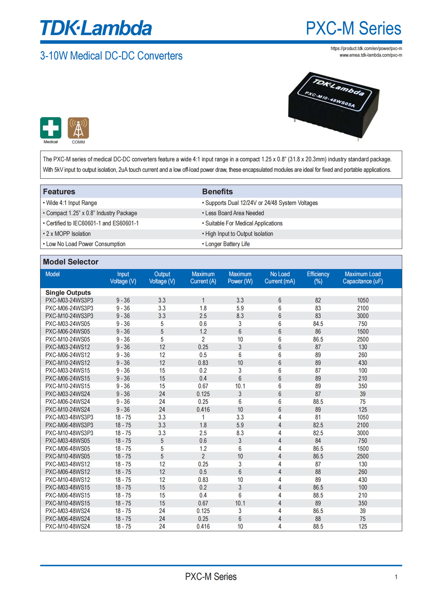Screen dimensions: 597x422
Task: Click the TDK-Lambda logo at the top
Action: pyautogui.click(x=96, y=28)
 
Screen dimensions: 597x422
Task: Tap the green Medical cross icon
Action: pyautogui.click(x=51, y=128)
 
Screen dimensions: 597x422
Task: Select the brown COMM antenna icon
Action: pyautogui.click(x=78, y=128)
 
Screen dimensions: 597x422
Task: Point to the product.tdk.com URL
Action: pyautogui.click(x=366, y=49)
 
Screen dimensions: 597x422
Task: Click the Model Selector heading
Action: pyautogui.click(x=71, y=262)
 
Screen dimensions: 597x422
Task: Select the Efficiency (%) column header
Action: pyautogui.click(x=318, y=278)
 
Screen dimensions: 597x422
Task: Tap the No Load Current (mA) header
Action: pyautogui.click(x=280, y=278)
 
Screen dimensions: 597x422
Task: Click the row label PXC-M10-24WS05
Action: pyautogui.click(x=68, y=339)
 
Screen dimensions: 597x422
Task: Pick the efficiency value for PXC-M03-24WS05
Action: pyautogui.click(x=318, y=324)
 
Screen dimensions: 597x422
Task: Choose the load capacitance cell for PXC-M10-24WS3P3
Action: pyautogui.click(x=363, y=316)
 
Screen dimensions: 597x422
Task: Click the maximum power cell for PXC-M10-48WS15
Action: pyautogui.click(x=240, y=503)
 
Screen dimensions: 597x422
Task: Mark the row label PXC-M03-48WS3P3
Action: pyautogui.click(x=69, y=417)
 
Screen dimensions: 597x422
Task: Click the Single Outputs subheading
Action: pyautogui.click(x=68, y=293)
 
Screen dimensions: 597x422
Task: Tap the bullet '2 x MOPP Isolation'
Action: pyautogui.click(x=68, y=234)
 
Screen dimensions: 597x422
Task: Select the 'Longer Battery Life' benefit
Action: pyautogui.click(x=227, y=244)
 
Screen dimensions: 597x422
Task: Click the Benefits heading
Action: pyautogui.click(x=218, y=192)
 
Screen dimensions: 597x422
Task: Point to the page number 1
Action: pyautogui.click(x=396, y=577)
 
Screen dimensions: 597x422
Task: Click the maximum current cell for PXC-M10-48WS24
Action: pyautogui.click(x=203, y=526)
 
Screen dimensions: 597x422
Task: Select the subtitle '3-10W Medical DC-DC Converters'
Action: pyautogui.click(x=111, y=56)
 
